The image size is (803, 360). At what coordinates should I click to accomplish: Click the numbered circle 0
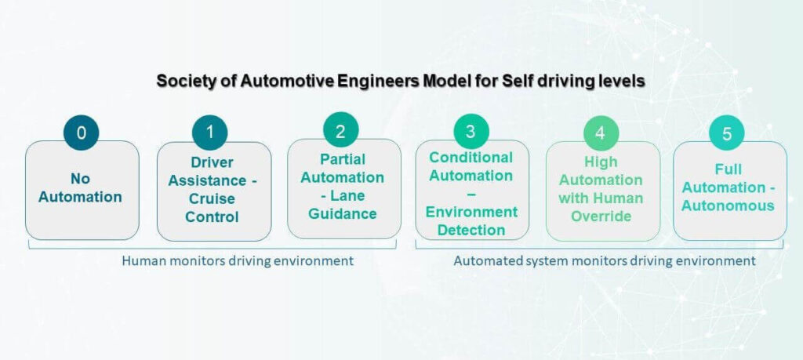coord(81,133)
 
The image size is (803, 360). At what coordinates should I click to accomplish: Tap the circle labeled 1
coord(209,133)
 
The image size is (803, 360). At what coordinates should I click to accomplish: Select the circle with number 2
coord(340,130)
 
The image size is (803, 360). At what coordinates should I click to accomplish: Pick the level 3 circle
coord(471,130)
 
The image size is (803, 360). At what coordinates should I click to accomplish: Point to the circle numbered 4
coord(601,133)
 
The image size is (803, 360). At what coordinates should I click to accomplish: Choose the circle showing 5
coord(727,133)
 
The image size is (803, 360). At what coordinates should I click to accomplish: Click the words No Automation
coord(81,187)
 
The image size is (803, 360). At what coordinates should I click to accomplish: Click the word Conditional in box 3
coord(471,157)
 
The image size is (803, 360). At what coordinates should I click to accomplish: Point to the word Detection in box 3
coord(471,230)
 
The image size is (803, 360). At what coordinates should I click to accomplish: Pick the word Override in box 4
coord(601,216)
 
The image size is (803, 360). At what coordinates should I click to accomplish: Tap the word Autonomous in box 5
coord(727,205)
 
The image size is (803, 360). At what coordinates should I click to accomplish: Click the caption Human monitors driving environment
coord(238,260)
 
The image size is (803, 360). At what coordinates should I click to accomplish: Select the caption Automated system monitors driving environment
coord(605,260)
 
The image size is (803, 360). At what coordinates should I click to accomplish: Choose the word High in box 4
coord(601,162)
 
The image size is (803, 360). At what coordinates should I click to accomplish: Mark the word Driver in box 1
coord(212,162)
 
